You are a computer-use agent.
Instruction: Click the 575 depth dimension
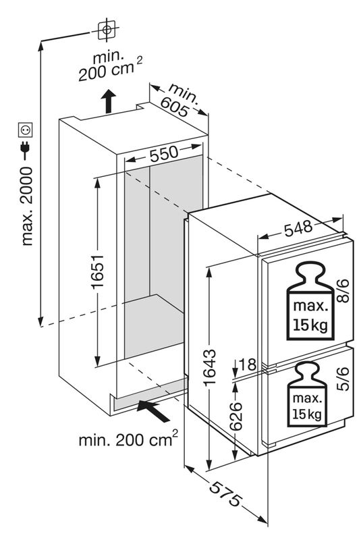(x=225, y=494)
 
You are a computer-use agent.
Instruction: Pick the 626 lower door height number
(x=235, y=416)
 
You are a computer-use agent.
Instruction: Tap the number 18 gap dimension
(x=247, y=364)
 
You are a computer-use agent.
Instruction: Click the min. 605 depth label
(x=178, y=100)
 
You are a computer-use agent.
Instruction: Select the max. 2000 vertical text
(x=26, y=206)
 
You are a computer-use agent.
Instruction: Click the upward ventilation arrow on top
(x=108, y=101)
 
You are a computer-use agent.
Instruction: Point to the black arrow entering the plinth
(x=153, y=411)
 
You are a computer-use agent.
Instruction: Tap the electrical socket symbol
(x=26, y=130)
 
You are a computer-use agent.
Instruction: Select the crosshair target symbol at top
(x=107, y=30)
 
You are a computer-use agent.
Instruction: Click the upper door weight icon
(x=310, y=300)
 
